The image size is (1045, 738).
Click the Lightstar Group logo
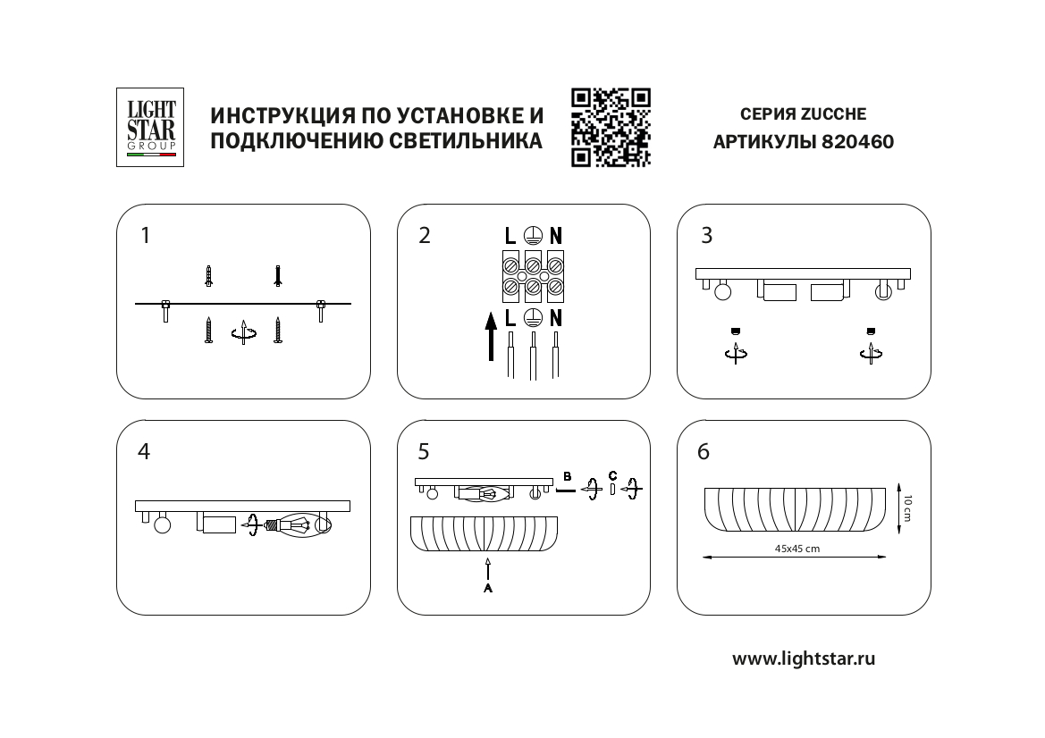[x=150, y=127]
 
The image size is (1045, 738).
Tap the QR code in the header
[x=611, y=127]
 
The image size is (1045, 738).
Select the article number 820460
[x=857, y=141]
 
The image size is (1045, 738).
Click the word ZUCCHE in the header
[x=833, y=114]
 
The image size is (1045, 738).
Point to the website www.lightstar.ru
[x=804, y=659]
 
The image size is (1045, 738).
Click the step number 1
[x=146, y=236]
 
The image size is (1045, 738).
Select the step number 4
[x=144, y=452]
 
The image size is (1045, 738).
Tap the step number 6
[x=704, y=452]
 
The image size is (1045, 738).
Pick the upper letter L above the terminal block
[x=510, y=236]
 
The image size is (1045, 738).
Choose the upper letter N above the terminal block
[x=555, y=236]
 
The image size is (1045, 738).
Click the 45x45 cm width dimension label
[x=797, y=549]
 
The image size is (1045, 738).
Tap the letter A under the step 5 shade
[x=487, y=590]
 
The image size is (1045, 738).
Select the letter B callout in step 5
[x=566, y=475]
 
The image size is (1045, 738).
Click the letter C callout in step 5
[x=611, y=474]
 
